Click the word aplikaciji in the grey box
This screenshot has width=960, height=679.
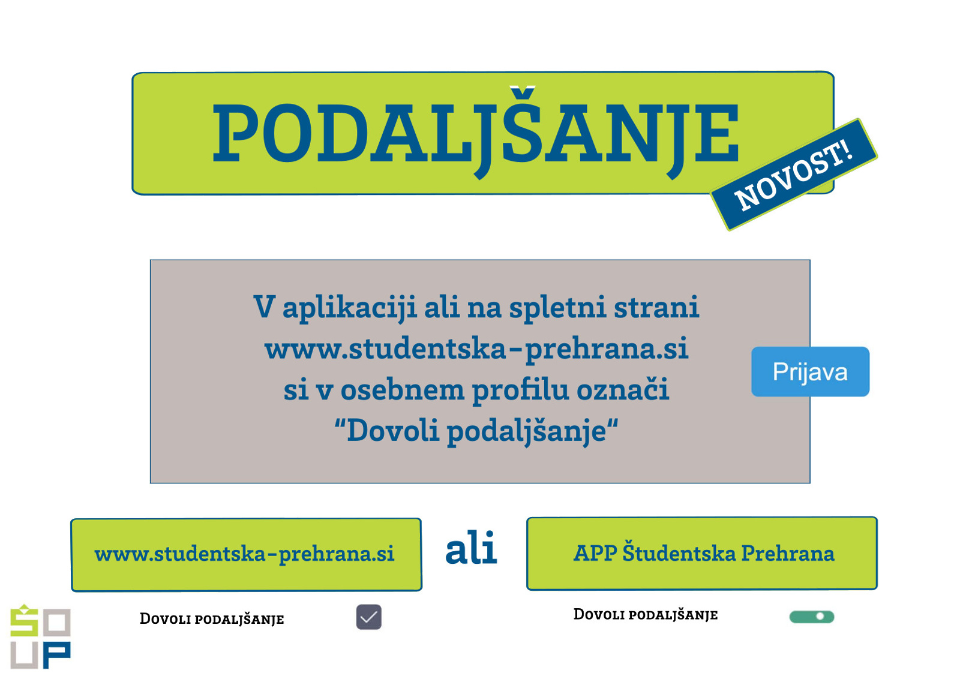(x=349, y=308)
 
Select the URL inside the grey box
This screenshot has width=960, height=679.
(x=476, y=349)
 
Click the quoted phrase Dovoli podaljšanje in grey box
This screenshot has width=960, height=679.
(x=476, y=431)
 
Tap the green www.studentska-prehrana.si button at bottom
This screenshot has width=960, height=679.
(x=247, y=555)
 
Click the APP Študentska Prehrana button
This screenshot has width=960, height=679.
(x=702, y=554)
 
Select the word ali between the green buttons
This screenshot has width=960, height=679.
(x=472, y=548)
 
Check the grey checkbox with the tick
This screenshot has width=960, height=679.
(x=368, y=617)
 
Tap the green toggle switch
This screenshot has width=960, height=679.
(x=812, y=617)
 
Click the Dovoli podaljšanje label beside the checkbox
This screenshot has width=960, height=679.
(x=212, y=619)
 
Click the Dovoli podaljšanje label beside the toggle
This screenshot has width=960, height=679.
(x=646, y=615)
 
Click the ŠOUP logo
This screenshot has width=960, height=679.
(x=40, y=636)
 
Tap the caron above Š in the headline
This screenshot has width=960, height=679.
(x=523, y=91)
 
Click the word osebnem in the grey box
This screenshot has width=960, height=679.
(x=403, y=390)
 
